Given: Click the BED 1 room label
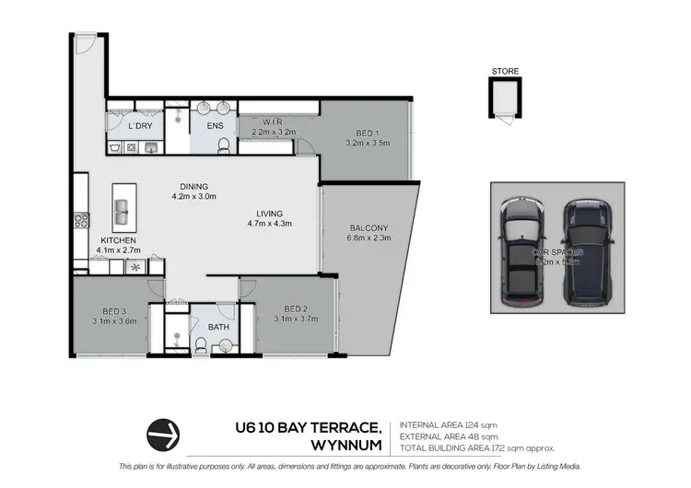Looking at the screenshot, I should [367, 132].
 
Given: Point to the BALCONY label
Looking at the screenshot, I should [369, 227].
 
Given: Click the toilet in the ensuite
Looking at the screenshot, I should [222, 144].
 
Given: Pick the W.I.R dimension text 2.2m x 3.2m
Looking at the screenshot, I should [272, 132].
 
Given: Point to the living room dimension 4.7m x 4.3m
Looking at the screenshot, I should [269, 223].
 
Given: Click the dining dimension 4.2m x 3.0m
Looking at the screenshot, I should [193, 195].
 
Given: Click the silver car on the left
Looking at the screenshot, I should [523, 251].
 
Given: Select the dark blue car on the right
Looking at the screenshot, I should [587, 251].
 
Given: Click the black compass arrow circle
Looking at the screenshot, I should [162, 431].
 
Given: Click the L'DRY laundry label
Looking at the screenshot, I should [140, 125].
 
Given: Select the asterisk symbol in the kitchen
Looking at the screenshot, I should [137, 268].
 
